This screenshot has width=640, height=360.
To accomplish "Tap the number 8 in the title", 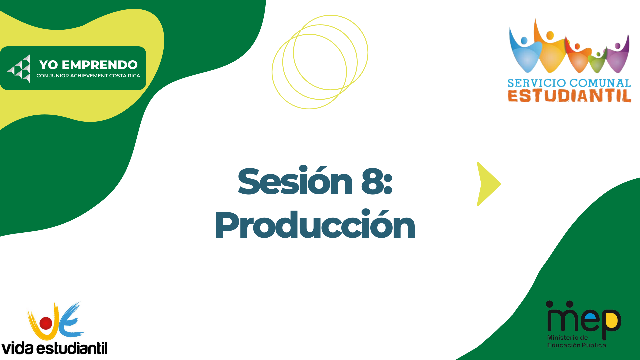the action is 371,181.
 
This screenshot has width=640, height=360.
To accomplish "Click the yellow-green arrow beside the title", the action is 489,184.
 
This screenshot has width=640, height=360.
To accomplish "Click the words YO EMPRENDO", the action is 88,65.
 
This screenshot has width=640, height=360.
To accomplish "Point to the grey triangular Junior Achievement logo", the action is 19,69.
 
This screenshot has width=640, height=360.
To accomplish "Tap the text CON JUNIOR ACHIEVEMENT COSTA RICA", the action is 88,76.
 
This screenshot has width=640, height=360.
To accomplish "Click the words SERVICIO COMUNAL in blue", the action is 569,83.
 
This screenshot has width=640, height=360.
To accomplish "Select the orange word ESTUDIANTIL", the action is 569,96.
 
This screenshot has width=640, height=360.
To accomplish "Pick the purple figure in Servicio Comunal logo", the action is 617,55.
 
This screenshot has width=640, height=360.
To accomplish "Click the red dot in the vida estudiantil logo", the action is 46,323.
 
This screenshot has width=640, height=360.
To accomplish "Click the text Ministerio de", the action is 567,338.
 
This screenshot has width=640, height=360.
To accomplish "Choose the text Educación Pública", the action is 576,345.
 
